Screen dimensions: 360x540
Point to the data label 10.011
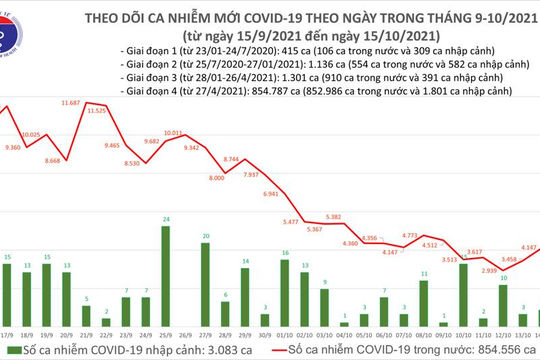[x=173, y=132]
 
